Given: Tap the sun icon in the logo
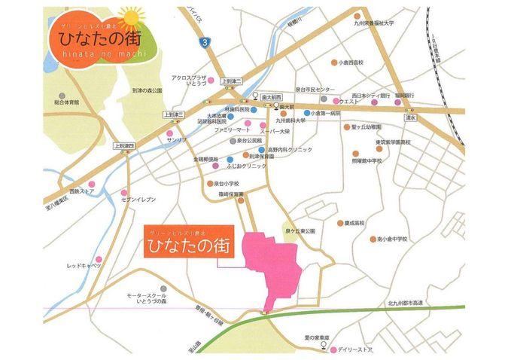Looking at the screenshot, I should point(131,18).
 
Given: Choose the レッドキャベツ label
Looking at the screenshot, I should point(82,265).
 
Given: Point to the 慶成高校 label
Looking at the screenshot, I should point(354,223).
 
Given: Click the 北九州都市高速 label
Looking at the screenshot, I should point(406,302).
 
